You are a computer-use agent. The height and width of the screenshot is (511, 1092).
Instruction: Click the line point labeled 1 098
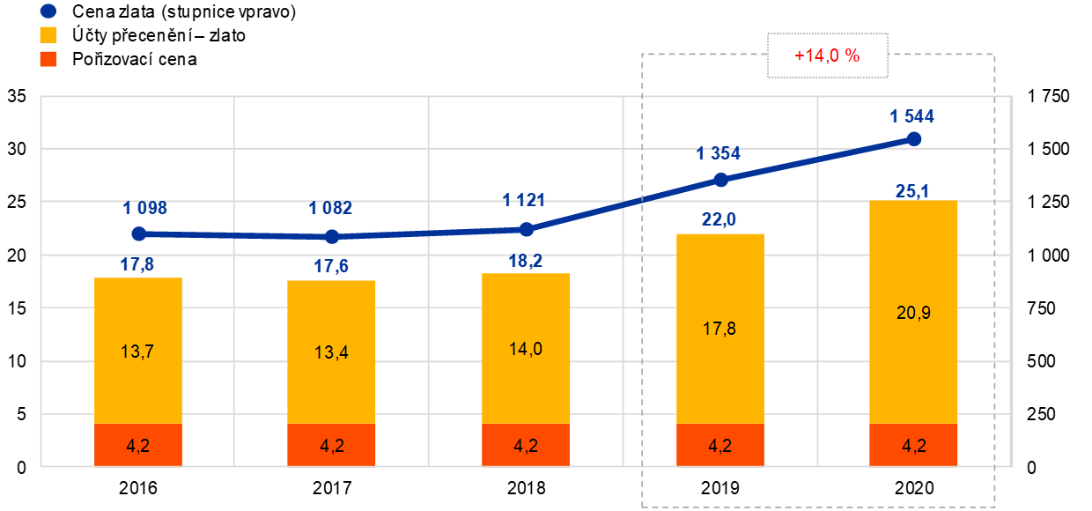point(138,233)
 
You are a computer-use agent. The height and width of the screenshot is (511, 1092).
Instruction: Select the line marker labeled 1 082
point(332,236)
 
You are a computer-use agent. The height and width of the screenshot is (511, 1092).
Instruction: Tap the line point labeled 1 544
point(914,138)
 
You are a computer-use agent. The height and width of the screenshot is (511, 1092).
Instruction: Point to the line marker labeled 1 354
point(720,180)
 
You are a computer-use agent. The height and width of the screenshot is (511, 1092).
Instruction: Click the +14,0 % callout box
point(827,56)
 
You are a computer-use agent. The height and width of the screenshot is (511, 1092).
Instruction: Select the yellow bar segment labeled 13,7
point(138,351)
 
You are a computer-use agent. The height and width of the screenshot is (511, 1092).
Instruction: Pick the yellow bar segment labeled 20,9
point(913,312)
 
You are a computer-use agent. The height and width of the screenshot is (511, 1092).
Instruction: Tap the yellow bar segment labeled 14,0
point(526,348)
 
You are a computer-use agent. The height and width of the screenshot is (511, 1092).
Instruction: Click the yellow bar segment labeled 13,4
point(332,352)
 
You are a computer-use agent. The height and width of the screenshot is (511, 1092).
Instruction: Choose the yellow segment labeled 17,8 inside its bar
point(719,329)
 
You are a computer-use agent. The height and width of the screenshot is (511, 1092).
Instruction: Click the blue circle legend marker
point(48,11)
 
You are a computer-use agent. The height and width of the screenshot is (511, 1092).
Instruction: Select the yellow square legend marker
point(48,35)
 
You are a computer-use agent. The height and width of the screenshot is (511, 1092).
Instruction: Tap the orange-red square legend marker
point(48,59)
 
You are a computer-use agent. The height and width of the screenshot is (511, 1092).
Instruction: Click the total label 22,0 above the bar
point(719,219)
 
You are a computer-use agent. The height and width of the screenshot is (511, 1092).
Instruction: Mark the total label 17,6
point(331,266)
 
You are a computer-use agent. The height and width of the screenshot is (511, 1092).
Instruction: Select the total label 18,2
point(526,260)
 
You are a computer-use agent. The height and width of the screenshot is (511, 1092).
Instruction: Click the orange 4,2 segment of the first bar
point(138,445)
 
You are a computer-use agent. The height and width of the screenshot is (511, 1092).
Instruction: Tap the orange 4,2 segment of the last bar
point(913,445)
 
